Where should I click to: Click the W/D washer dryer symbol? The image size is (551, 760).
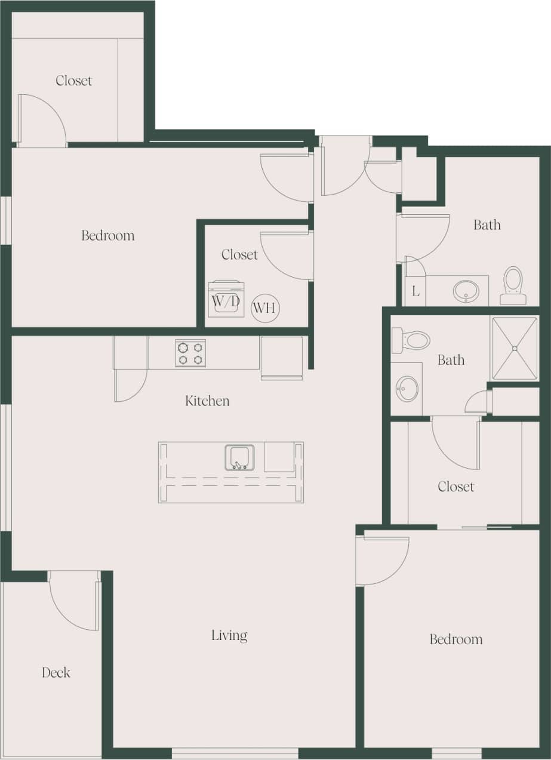tap(226, 299)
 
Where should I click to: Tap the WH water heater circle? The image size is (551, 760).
tap(264, 308)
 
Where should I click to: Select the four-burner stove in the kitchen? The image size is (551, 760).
tap(190, 353)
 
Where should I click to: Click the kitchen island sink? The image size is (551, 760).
tap(239, 458)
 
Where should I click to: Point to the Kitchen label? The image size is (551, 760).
tap(207, 401)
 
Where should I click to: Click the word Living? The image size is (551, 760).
tap(229, 635)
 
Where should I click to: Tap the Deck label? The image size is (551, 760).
tap(56, 673)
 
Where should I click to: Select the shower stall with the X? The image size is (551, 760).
tap(515, 348)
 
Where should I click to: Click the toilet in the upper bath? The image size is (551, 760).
tap(513, 285)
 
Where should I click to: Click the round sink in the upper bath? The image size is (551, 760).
tap(466, 291)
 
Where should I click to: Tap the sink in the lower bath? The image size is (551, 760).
tap(407, 389)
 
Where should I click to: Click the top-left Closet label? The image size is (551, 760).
tap(74, 81)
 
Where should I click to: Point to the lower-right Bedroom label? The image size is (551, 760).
tap(455, 639)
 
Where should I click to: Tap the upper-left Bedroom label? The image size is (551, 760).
tap(108, 235)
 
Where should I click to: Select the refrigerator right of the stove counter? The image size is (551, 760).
tap(281, 358)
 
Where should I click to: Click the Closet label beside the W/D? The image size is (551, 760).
tap(239, 254)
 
